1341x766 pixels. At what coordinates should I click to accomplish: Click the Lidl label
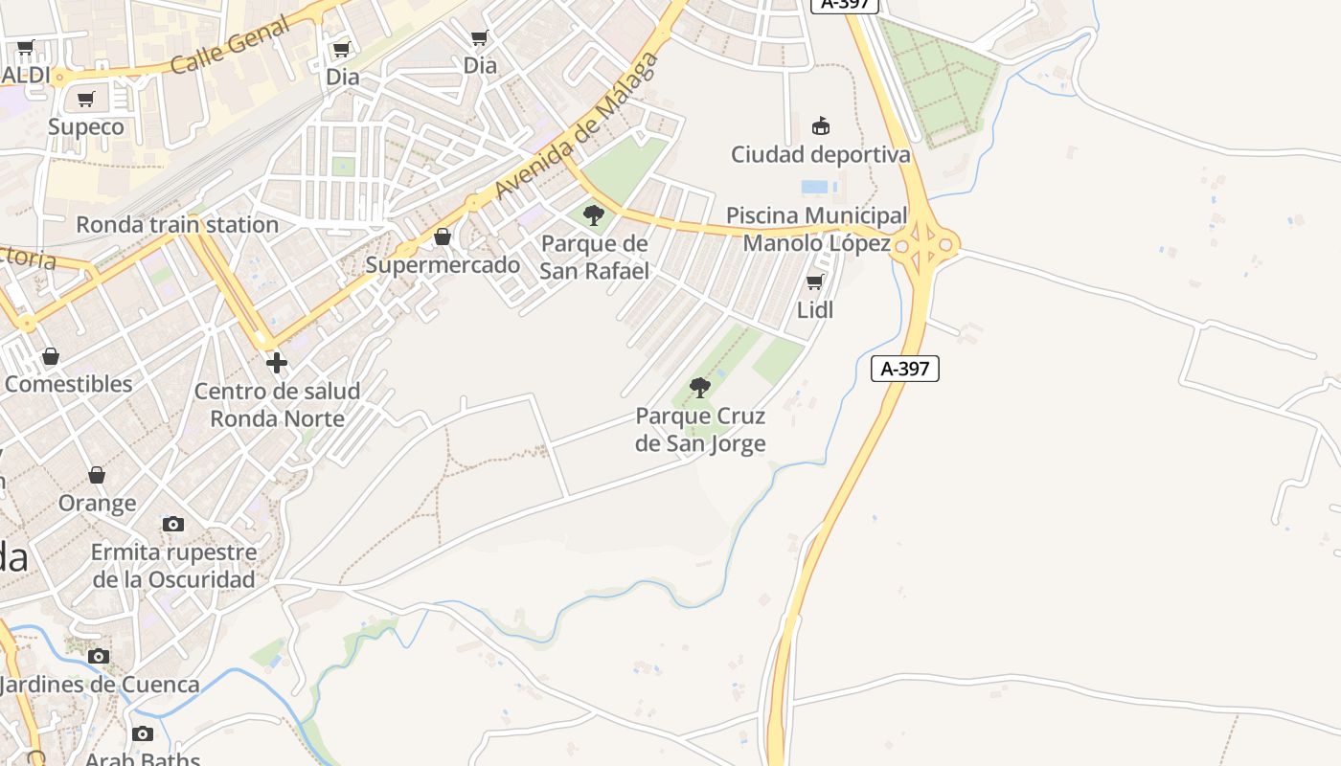coord(815,310)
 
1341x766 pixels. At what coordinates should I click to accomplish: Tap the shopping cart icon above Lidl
coord(815,282)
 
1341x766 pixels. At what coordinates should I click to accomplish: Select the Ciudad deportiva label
coord(821,154)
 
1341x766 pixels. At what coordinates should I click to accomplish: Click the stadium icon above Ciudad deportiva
coord(821,125)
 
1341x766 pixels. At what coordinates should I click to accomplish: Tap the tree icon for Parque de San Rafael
coord(594,214)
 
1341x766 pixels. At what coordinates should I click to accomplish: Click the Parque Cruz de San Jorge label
coord(700,430)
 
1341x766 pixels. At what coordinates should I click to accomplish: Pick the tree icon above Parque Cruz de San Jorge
coord(700,388)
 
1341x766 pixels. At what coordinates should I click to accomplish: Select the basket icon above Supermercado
coord(443,237)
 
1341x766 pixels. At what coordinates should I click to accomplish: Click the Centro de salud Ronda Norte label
coord(277,405)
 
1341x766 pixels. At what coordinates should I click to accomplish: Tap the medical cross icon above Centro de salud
coord(277,363)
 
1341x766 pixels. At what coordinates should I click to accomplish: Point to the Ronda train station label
coord(177,225)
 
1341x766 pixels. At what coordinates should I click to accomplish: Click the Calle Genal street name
coord(229,46)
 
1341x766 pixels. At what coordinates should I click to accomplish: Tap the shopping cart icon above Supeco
coord(86,99)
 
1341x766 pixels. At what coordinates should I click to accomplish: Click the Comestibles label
coord(69,384)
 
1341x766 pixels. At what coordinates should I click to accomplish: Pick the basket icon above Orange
coord(97,475)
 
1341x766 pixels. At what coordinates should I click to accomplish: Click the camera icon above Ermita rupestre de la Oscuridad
coord(173,524)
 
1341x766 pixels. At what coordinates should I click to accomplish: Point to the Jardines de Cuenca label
coord(100,685)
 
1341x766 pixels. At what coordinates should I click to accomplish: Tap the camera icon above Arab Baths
coord(143,734)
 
